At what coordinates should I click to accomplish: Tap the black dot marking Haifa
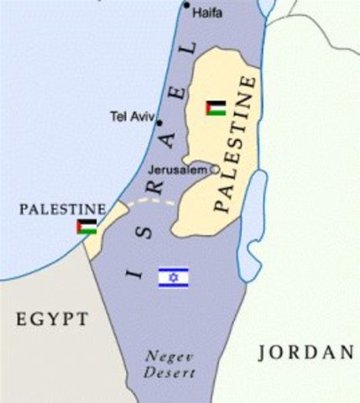(x=187, y=6)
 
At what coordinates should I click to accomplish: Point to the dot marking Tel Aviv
(x=159, y=123)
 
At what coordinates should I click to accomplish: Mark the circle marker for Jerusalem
(x=214, y=170)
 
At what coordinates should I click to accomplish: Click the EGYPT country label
(x=51, y=319)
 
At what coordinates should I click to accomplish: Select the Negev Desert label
(x=169, y=364)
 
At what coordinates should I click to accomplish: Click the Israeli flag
(x=173, y=277)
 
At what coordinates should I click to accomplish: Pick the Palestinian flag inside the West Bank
(x=216, y=108)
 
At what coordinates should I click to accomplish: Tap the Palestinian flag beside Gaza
(x=86, y=227)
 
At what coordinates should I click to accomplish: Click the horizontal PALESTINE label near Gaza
(x=63, y=208)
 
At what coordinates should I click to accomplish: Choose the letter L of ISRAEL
(x=190, y=50)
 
